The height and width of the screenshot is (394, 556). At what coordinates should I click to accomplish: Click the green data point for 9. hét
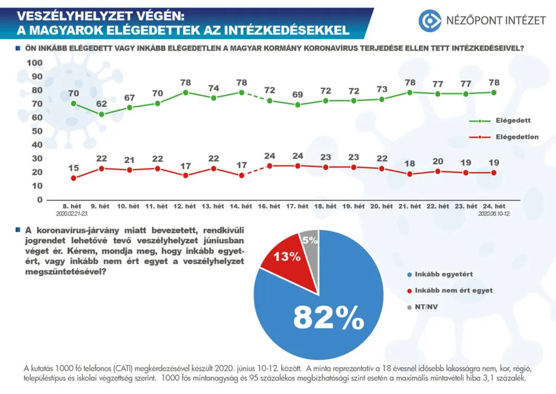(102, 114)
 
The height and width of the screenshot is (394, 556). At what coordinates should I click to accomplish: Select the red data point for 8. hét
(73, 178)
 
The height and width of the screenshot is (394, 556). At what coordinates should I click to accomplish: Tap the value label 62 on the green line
(102, 104)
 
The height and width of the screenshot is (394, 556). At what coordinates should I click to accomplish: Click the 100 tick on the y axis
(35, 63)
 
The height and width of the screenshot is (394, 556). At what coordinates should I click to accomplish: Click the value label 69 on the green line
(298, 95)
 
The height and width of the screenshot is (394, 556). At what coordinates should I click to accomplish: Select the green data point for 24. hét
(493, 93)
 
